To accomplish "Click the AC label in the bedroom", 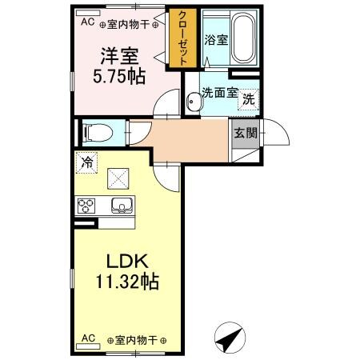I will point(86,22).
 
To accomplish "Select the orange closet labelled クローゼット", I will point(182,40).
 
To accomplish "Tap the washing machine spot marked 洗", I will point(248,99).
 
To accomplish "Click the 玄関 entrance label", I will point(244,134).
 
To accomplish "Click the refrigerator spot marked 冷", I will point(86,162).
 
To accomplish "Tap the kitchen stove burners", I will point(86,206).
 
